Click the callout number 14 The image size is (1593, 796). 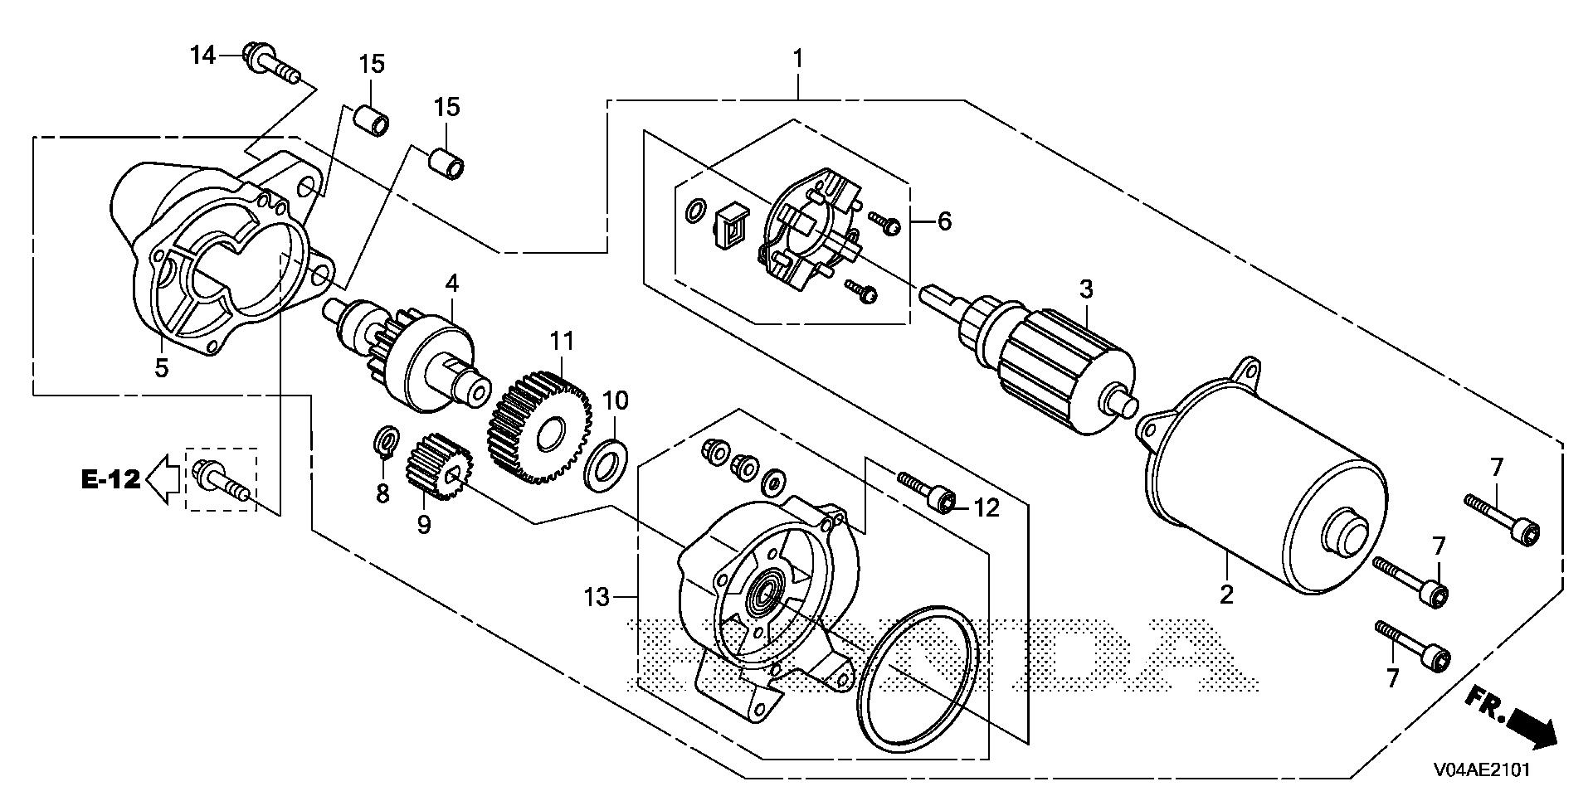[202, 56]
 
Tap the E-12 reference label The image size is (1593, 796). [110, 478]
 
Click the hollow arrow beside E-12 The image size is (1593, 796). [164, 479]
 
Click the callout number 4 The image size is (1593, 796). [451, 284]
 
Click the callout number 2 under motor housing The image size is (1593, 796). [1226, 594]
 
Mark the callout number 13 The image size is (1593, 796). [597, 596]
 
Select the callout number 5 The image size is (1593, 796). [161, 368]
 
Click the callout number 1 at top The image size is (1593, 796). [797, 59]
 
